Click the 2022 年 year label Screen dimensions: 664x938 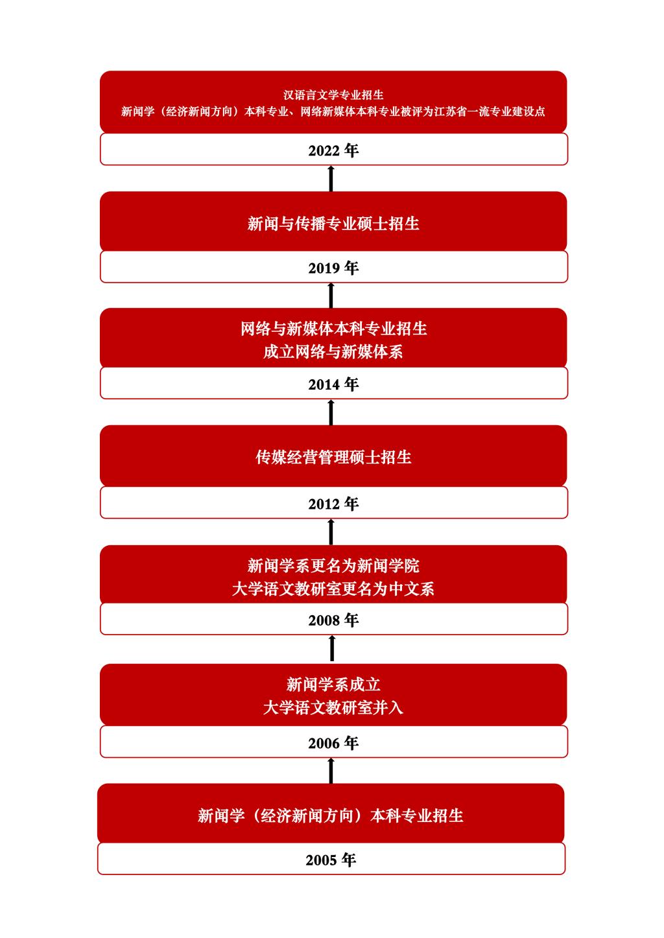click(333, 150)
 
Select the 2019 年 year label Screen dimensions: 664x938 click(333, 268)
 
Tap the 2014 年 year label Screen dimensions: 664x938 click(333, 384)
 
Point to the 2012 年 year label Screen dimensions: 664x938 click(333, 504)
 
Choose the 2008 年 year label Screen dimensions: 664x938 click(333, 620)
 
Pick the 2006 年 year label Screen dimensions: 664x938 click(333, 744)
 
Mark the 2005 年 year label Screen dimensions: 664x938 click(331, 860)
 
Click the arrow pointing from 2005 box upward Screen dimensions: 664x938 click(331, 771)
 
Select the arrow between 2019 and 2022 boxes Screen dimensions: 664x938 click(331, 178)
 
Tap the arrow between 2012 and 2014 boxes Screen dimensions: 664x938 click(331, 412)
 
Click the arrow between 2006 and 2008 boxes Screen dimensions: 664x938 click(332, 648)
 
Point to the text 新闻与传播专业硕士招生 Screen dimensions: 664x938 click(333, 224)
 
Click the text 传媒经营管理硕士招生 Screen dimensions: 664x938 click(333, 457)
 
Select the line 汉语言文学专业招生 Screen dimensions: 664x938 click(333, 95)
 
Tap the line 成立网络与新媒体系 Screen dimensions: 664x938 click(333, 352)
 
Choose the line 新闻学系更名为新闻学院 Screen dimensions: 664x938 click(333, 566)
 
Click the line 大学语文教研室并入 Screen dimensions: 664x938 click(333, 708)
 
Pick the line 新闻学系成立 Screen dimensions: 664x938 click(333, 685)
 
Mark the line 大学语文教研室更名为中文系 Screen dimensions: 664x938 click(333, 589)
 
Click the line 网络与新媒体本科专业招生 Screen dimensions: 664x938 click(333, 329)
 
